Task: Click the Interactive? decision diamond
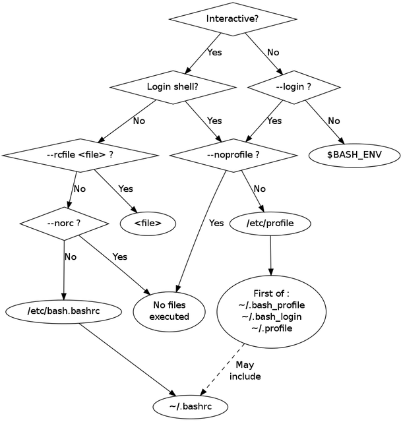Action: click(x=232, y=18)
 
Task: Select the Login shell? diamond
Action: click(x=172, y=86)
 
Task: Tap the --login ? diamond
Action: click(x=294, y=86)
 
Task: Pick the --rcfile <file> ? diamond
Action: click(x=80, y=155)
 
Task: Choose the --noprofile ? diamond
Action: click(x=233, y=155)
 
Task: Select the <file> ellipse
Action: click(x=148, y=223)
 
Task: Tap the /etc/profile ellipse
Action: click(x=270, y=223)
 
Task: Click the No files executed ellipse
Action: click(x=169, y=311)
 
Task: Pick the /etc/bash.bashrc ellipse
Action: click(x=63, y=310)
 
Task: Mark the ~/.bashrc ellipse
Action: click(x=190, y=406)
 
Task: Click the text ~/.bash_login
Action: click(x=270, y=316)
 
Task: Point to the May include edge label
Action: click(x=245, y=371)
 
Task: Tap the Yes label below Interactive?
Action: click(x=214, y=51)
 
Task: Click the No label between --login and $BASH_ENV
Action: click(x=334, y=121)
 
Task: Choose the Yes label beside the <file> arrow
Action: click(x=125, y=189)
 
